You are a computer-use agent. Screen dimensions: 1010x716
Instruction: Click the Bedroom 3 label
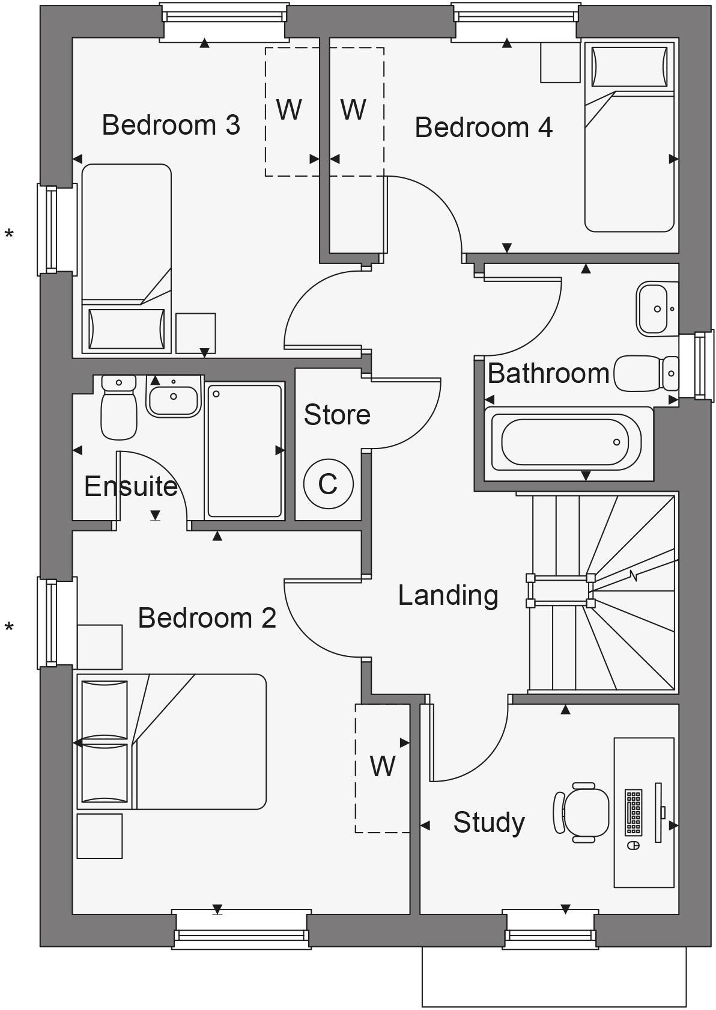[x=171, y=125]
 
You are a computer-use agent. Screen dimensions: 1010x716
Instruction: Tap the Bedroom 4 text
[x=484, y=127]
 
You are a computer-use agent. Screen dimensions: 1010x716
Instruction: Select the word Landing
[x=448, y=595]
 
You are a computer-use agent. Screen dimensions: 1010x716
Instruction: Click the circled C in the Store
[x=328, y=484]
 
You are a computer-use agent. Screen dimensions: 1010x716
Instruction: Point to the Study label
[x=489, y=822]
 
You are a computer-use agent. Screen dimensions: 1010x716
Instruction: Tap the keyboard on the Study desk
[x=633, y=812]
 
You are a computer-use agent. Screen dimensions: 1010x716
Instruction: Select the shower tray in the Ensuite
[x=244, y=451]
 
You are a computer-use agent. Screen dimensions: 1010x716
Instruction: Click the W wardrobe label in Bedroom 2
[x=383, y=766]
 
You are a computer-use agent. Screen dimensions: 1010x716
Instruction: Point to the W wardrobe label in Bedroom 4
[x=353, y=109]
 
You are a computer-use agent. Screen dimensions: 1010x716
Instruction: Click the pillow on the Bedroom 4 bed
[x=629, y=67]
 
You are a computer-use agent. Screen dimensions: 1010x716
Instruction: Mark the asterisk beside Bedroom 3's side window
[x=9, y=234]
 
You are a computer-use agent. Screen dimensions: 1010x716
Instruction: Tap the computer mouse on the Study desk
[x=633, y=845]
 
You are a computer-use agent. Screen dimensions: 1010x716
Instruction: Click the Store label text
[x=337, y=415]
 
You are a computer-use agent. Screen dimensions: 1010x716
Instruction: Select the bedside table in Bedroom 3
[x=195, y=332]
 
